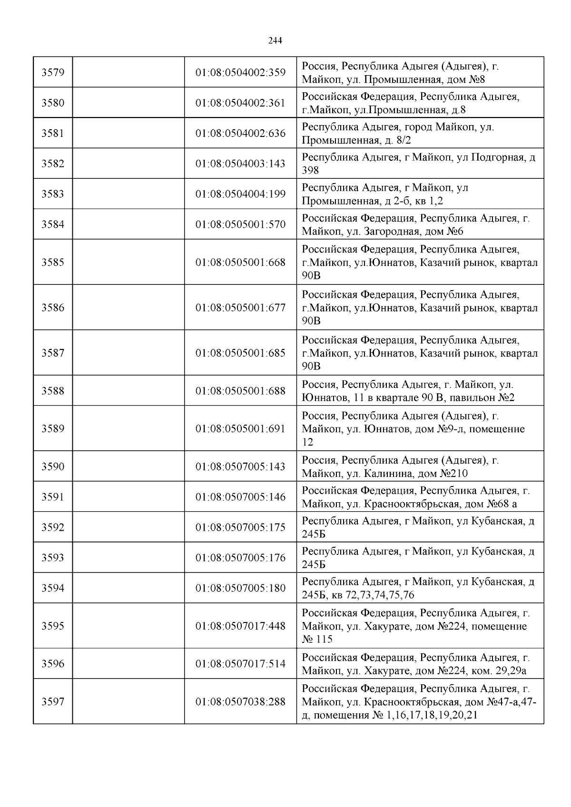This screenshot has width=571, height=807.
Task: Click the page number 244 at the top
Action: [x=275, y=40]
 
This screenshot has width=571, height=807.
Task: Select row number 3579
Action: [x=53, y=72]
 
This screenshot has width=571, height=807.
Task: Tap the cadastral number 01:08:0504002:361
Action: [x=240, y=103]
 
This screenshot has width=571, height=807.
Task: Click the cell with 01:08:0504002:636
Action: [x=240, y=133]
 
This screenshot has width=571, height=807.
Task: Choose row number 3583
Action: [x=53, y=194]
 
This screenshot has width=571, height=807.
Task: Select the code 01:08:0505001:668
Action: [x=240, y=263]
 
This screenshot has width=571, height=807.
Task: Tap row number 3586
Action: [x=53, y=308]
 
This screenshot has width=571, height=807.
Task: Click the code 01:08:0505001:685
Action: [x=240, y=353]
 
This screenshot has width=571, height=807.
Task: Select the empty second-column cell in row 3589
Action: [x=128, y=428]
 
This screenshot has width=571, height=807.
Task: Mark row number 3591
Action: [x=53, y=497]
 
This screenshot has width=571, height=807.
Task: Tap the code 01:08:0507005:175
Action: [x=240, y=527]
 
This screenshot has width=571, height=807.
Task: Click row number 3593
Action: [x=53, y=558]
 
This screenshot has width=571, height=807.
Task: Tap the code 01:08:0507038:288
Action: [x=240, y=702]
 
